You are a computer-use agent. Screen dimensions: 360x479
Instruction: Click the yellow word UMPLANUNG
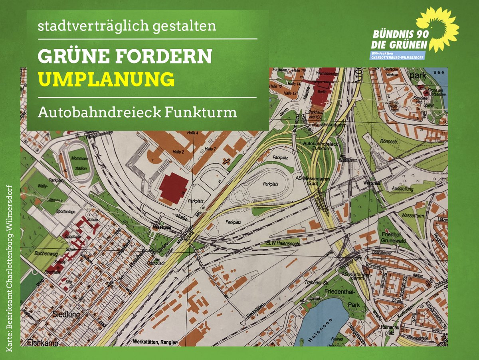pyautogui.click(x=107, y=79)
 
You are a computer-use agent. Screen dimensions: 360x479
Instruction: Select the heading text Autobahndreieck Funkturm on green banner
pyautogui.click(x=137, y=113)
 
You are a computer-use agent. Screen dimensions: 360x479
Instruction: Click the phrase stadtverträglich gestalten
pyautogui.click(x=127, y=26)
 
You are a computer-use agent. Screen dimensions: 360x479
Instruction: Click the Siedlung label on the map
pyautogui.click(x=66, y=314)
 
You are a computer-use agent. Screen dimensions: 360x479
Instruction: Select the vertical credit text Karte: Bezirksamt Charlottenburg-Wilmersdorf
pyautogui.click(x=9, y=268)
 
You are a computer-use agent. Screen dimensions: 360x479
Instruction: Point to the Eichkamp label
pyautogui.click(x=43, y=343)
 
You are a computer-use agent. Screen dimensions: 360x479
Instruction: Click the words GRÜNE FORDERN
pyautogui.click(x=125, y=57)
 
